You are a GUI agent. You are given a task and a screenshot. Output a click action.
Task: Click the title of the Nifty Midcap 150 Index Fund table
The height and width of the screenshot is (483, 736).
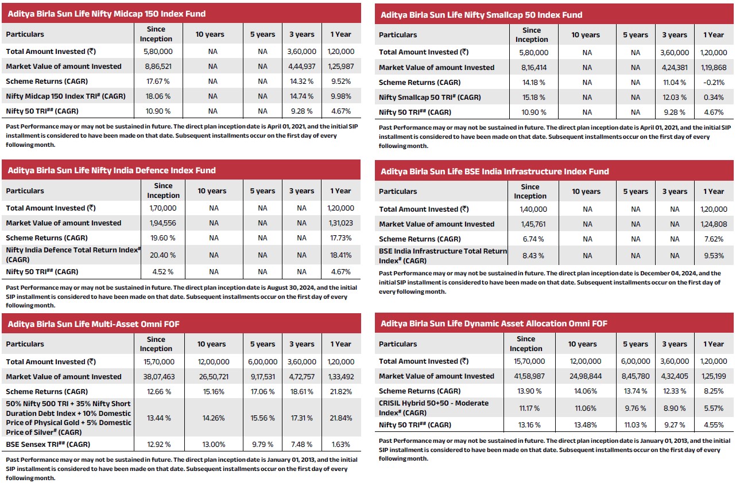click(x=106, y=13)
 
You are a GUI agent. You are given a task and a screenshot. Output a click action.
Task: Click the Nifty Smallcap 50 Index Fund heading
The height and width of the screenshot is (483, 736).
click(x=481, y=14)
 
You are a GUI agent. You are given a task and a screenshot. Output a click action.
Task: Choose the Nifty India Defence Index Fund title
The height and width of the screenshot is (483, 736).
click(x=111, y=170)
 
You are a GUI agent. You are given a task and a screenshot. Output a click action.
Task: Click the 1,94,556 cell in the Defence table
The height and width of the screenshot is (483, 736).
click(x=164, y=223)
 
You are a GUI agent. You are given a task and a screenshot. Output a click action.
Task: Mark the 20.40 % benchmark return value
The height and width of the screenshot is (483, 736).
click(x=164, y=253)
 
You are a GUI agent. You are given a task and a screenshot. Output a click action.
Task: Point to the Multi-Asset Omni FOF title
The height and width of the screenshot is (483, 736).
click(x=94, y=324)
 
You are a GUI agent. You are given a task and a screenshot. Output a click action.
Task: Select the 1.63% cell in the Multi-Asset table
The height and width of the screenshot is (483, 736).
click(x=340, y=444)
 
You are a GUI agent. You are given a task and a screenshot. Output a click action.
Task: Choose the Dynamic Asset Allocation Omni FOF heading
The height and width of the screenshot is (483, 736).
click(x=494, y=324)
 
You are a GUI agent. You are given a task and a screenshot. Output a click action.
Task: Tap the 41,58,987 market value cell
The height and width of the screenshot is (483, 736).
click(x=525, y=376)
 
